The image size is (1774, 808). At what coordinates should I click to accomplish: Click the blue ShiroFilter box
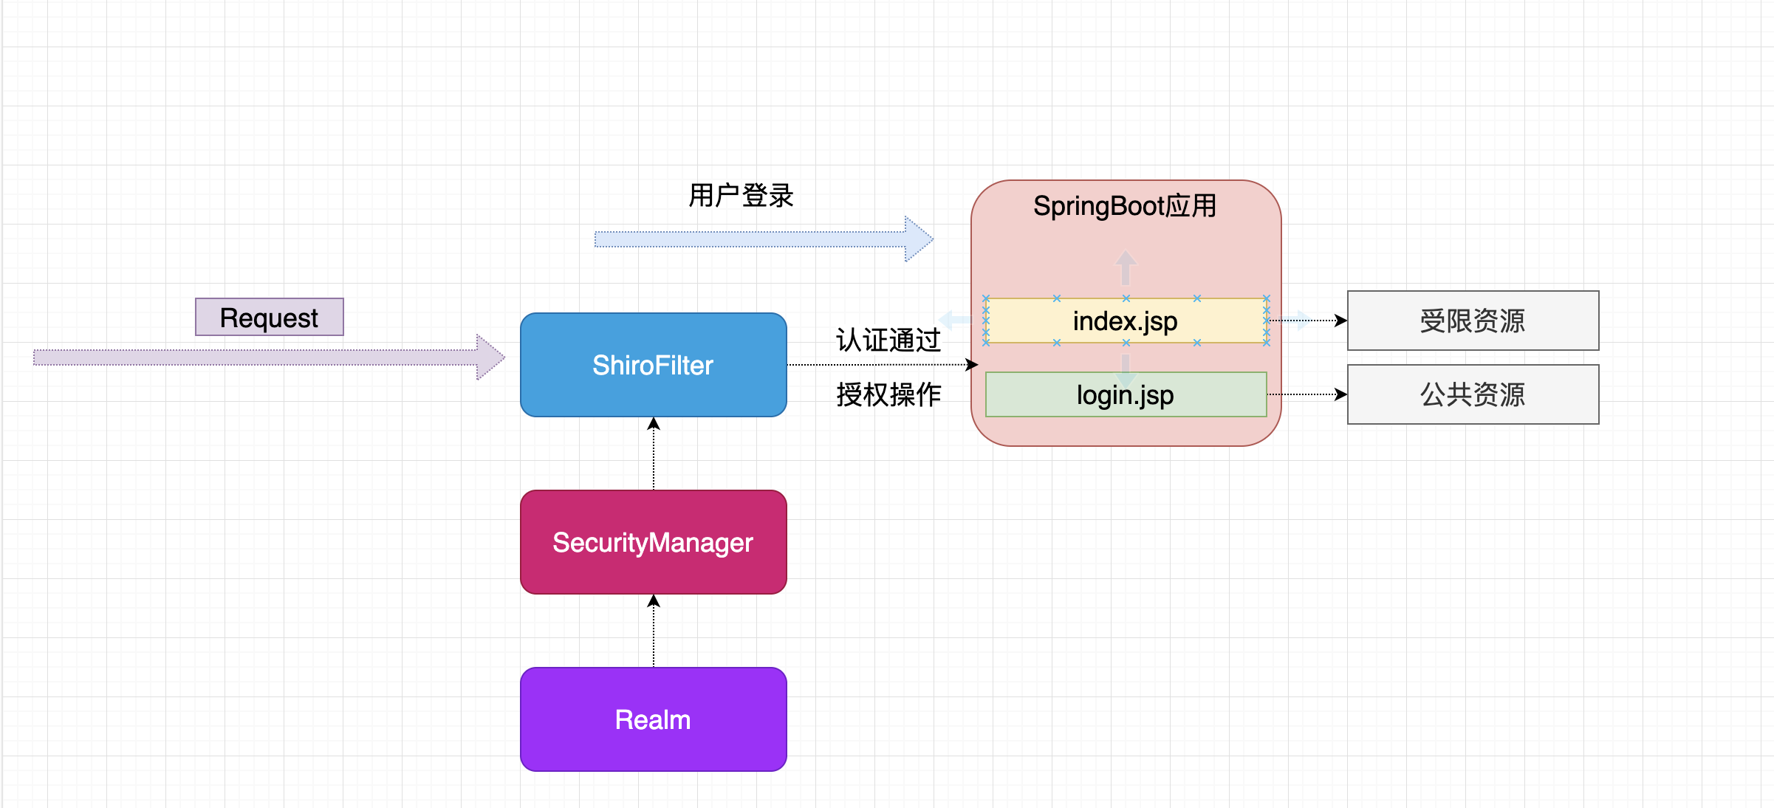653,365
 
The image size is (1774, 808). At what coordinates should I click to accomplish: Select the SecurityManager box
653,542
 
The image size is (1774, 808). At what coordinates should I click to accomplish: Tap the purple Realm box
653,719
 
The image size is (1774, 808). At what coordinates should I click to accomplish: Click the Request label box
269,318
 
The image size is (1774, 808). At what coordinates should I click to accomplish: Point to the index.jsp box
1125,321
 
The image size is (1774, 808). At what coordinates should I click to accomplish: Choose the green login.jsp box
1125,395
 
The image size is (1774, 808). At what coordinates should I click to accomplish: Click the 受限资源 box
1472,321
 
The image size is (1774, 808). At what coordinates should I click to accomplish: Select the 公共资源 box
1472,394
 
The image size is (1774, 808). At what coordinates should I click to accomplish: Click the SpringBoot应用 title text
1124,206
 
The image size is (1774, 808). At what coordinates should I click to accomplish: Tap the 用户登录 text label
741,196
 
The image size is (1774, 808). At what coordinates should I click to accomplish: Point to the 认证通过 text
888,340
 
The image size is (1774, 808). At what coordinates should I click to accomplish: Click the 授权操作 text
888,394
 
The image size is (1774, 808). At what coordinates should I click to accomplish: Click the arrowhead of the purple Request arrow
490,357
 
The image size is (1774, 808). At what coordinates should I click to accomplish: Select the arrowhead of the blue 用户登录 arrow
919,239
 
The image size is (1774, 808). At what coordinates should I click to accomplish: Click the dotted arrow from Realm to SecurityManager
653,631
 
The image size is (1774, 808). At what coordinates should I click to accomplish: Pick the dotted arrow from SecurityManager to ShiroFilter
653,454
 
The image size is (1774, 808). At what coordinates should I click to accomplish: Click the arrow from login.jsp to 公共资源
1307,394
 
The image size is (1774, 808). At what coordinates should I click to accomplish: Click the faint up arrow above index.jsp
1126,267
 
